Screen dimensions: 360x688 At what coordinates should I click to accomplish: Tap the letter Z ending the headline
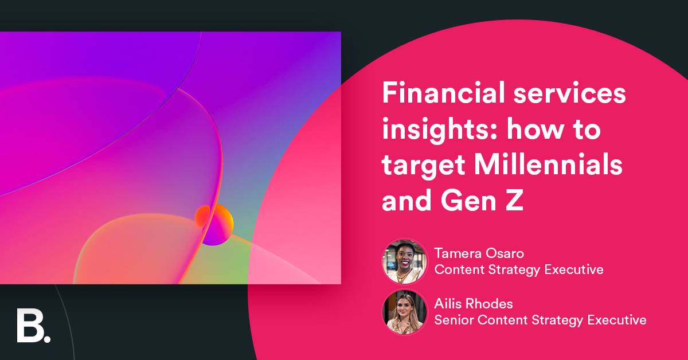click(x=515, y=202)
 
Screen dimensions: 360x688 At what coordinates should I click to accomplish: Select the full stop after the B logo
click(x=47, y=338)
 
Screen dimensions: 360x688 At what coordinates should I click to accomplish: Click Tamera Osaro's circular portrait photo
click(x=404, y=261)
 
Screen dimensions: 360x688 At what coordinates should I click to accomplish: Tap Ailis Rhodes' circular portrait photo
click(x=404, y=312)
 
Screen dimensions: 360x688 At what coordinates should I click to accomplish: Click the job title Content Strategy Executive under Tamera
click(x=519, y=269)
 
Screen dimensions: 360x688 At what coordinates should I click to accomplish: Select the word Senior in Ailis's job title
click(x=454, y=319)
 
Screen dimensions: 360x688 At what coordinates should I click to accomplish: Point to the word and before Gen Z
click(x=405, y=202)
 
